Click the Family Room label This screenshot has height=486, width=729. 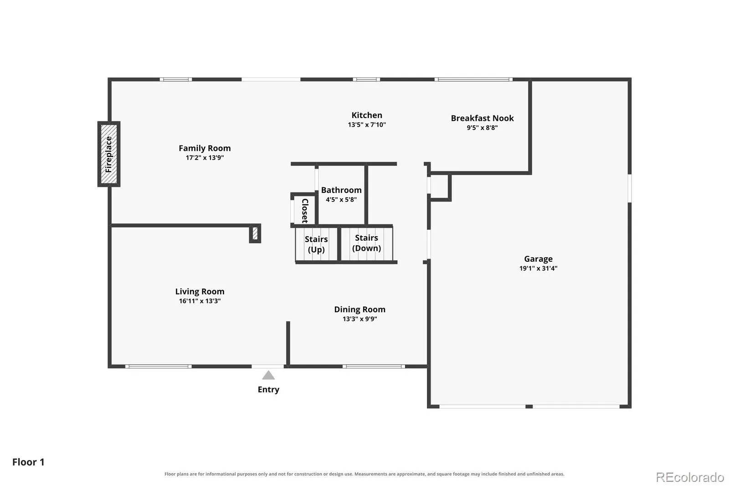point(205,148)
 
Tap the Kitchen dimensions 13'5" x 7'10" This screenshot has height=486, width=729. point(367,125)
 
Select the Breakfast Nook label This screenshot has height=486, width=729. point(483,118)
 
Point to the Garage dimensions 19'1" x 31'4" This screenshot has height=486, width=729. point(538,269)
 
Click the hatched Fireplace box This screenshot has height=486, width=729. point(109,154)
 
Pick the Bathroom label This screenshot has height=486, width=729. point(341,190)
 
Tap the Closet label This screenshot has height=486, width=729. point(305,211)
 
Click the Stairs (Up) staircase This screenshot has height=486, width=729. point(316,244)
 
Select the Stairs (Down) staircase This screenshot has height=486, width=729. point(367,243)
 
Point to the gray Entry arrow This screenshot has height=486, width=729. point(268,375)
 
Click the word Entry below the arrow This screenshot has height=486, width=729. point(268,390)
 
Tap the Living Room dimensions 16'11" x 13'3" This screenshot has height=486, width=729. point(200,301)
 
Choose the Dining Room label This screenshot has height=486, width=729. point(359,310)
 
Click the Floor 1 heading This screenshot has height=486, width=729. point(28,462)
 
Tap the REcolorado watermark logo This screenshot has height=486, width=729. point(690,477)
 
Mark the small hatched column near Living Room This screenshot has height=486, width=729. point(255,233)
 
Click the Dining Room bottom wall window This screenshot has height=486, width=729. point(374,367)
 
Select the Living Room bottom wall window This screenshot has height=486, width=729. point(159,367)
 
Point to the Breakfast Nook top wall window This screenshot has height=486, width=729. point(473,79)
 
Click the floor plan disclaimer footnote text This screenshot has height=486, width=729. point(364,474)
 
